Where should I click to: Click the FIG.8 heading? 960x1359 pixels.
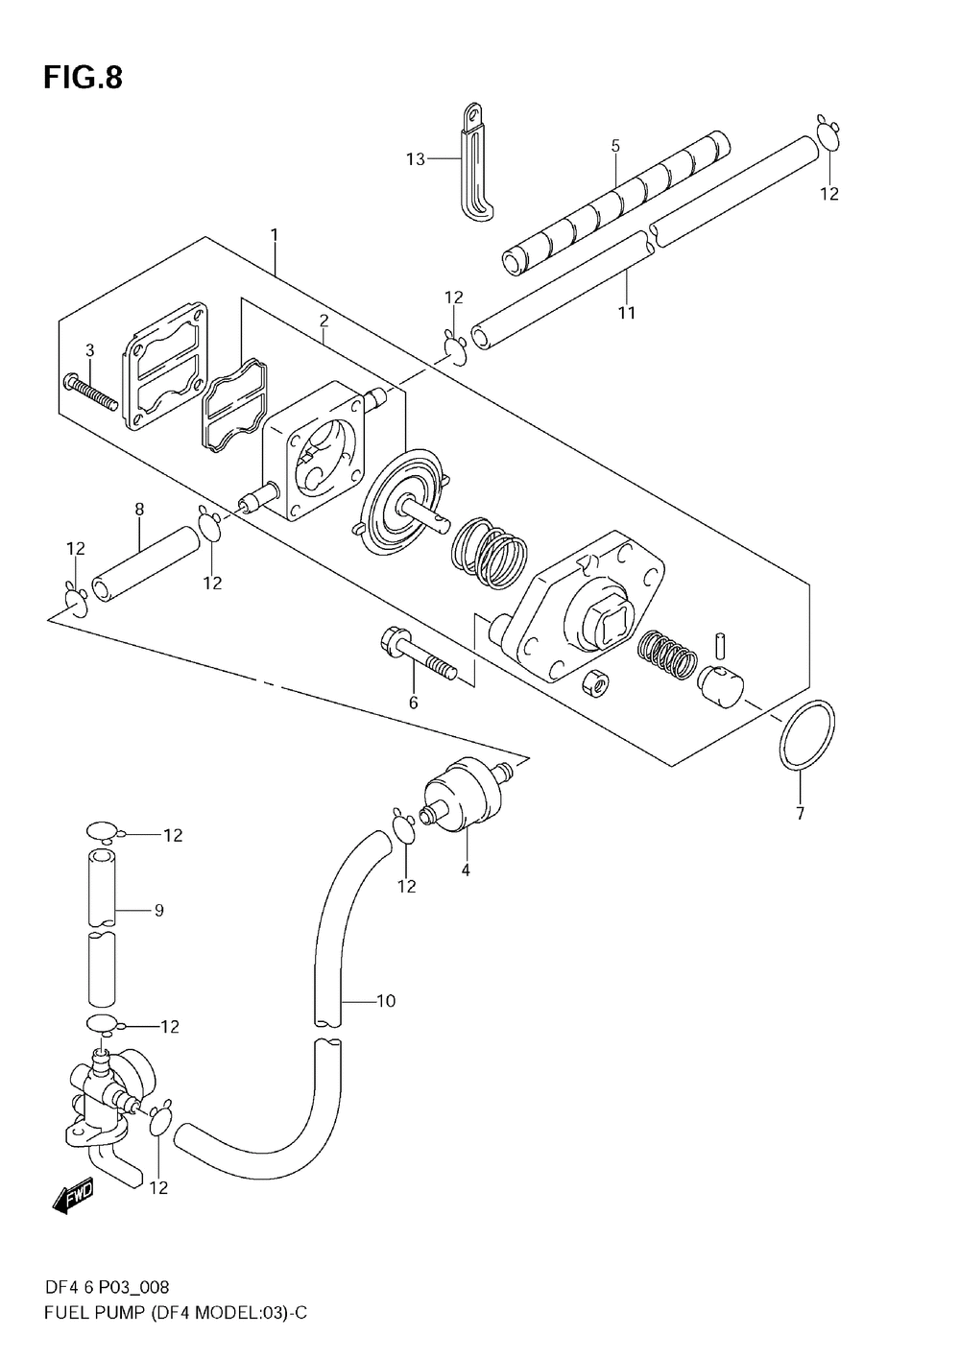pyautogui.click(x=84, y=79)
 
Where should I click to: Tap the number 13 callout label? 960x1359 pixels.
pyautogui.click(x=415, y=159)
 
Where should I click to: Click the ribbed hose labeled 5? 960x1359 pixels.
pyautogui.click(x=616, y=203)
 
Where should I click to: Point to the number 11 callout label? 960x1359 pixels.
pyautogui.click(x=626, y=313)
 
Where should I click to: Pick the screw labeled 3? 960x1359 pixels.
pyautogui.click(x=90, y=392)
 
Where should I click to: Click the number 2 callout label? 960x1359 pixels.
pyautogui.click(x=324, y=321)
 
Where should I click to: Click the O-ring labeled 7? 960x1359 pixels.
pyautogui.click(x=805, y=735)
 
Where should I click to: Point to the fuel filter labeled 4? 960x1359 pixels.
pyautogui.click(x=465, y=793)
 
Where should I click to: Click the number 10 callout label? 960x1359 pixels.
pyautogui.click(x=386, y=1000)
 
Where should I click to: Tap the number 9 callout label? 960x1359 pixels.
pyautogui.click(x=159, y=910)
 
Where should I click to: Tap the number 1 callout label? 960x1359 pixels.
pyautogui.click(x=275, y=234)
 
